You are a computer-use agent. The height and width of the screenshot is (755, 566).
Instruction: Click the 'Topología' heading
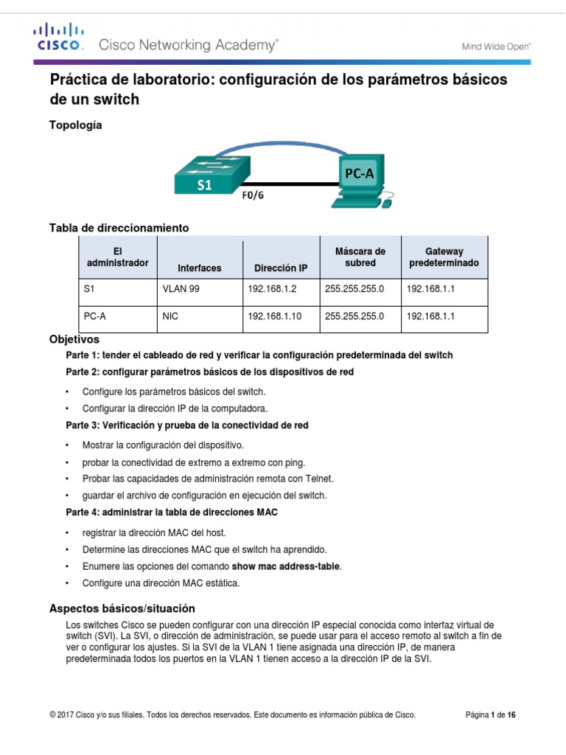75,125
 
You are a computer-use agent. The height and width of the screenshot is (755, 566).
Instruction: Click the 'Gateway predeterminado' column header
444,257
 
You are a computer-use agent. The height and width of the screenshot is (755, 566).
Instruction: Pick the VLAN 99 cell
181,289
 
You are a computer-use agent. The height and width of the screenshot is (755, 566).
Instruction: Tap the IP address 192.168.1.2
272,289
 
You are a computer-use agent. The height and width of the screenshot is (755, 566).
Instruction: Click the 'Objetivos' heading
74,341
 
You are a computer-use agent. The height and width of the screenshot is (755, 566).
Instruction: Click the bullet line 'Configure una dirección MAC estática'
161,582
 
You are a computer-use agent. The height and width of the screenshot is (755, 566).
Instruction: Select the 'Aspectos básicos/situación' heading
122,608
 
